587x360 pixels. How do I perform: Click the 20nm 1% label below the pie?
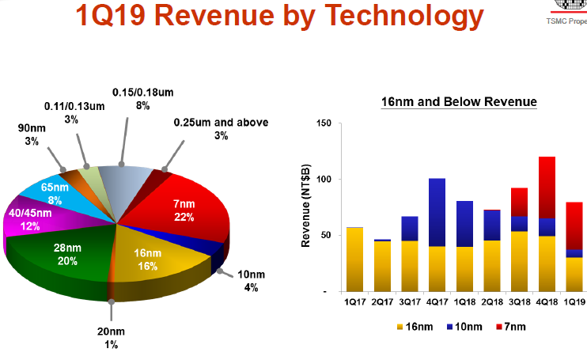[x=112, y=338]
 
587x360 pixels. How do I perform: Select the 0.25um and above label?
[x=221, y=129]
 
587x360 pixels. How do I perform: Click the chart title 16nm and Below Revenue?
[x=459, y=102]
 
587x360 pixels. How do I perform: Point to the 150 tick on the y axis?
[x=321, y=123]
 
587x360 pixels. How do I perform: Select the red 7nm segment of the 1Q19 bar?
[x=575, y=225]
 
